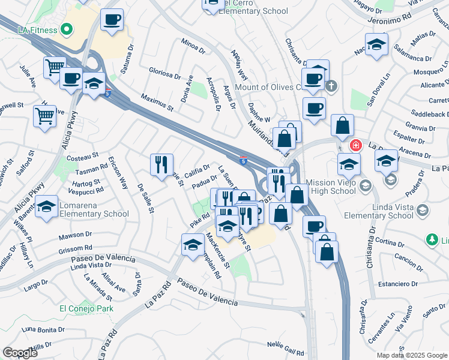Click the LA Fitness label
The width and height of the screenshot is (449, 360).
pos(38,31)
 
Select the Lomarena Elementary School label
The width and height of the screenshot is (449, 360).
pos(94,210)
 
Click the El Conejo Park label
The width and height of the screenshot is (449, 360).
pos(86,308)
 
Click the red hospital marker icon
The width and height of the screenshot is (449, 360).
pos(355,145)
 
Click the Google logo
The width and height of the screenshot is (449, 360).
pos(20,353)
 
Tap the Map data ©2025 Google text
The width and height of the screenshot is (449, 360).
pos(411,355)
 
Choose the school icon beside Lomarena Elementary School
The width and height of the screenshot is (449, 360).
pos(46,206)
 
